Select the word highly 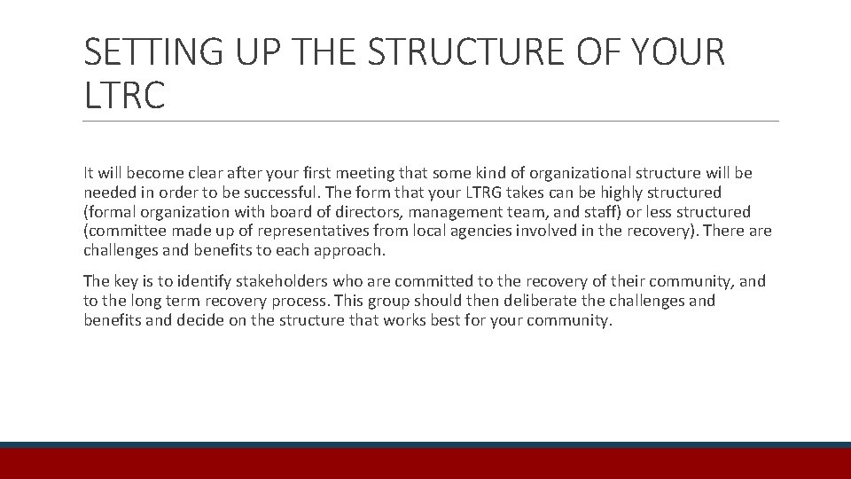[x=635, y=192]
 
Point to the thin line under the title [x=431, y=122]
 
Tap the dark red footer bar [x=425, y=464]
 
